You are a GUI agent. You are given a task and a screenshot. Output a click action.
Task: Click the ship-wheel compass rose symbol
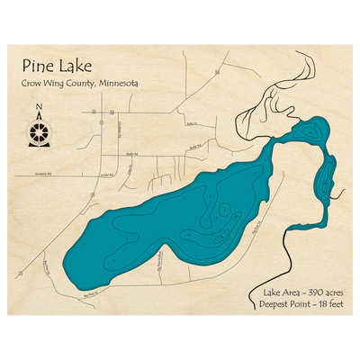tap(38, 133)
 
